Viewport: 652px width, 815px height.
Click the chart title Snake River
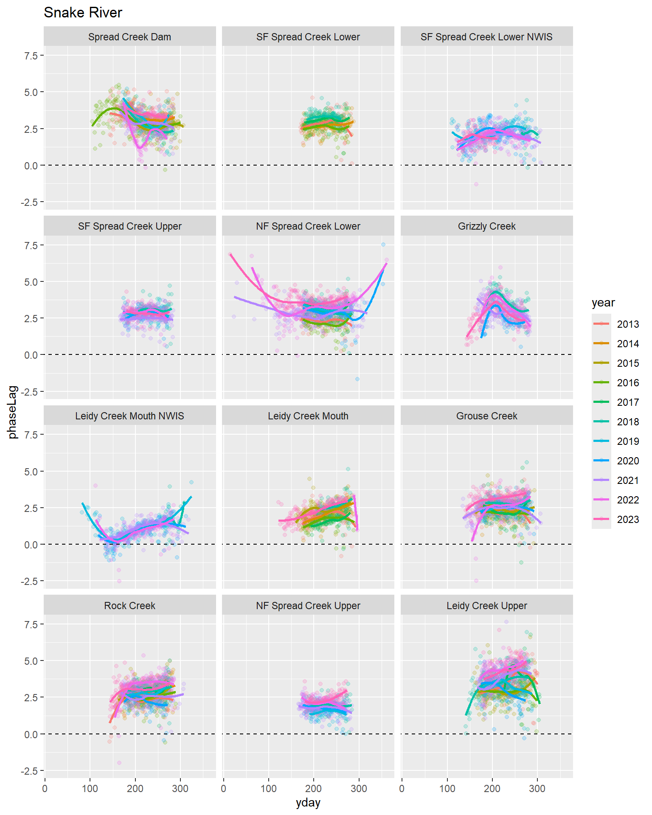(83, 13)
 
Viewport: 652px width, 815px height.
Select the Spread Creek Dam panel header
(129, 37)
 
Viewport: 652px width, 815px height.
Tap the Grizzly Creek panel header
(486, 226)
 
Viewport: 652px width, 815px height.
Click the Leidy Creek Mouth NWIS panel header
(129, 416)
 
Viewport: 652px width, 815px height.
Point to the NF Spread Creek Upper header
(308, 606)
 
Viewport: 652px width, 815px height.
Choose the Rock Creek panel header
(129, 606)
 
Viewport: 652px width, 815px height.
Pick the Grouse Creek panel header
(486, 416)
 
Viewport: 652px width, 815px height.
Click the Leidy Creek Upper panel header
(486, 606)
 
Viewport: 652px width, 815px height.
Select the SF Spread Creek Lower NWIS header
(486, 37)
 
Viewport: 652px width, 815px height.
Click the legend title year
(603, 303)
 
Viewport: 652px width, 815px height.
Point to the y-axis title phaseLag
(13, 412)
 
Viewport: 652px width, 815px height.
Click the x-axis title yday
(308, 803)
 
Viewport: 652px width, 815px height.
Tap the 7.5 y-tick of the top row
(31, 56)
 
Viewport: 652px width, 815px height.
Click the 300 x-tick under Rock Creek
(180, 789)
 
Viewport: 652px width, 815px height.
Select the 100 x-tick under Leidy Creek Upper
(447, 789)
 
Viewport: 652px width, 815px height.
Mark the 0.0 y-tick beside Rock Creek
(31, 734)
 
